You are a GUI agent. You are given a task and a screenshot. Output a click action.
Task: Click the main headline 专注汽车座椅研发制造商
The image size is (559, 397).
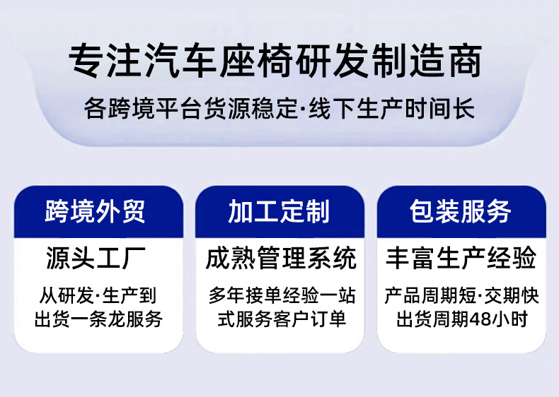275,61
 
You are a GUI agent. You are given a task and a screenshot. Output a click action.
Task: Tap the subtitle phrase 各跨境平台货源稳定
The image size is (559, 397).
191,109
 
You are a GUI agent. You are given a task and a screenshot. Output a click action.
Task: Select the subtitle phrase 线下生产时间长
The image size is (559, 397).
392,109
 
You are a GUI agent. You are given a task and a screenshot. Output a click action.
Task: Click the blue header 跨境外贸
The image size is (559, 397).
96,211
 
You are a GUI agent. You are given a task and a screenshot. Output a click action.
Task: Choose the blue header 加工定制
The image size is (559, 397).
279,211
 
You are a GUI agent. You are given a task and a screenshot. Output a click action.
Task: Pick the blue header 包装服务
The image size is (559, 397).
460,211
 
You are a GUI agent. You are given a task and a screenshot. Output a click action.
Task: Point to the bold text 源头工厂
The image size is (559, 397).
96,258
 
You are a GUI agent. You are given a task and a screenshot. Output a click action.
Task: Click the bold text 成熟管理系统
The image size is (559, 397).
281,258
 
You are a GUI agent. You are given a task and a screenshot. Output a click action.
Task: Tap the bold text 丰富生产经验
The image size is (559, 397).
461,258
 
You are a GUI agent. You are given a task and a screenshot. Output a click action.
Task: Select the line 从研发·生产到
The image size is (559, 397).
98,296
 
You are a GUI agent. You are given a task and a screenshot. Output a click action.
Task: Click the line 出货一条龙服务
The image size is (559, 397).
98,319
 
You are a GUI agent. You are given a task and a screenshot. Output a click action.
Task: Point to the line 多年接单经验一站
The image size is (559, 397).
282,296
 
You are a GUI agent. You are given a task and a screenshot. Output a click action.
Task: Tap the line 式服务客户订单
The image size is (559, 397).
282,319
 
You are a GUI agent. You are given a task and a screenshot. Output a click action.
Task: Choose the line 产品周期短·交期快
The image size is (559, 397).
461,296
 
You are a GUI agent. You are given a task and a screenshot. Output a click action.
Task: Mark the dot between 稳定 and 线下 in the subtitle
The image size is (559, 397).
303,109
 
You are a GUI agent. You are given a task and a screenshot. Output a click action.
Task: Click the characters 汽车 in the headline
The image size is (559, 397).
180,61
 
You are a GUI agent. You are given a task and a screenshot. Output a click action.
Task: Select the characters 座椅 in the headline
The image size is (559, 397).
256,61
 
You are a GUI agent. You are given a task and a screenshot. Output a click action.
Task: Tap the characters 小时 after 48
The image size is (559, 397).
509,319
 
